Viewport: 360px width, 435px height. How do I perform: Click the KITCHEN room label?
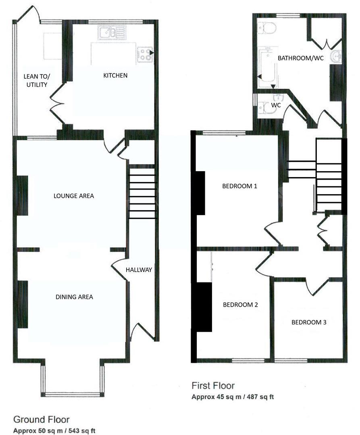click(115, 75)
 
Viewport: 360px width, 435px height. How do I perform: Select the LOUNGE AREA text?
click(74, 196)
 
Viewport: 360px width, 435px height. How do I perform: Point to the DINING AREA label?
click(74, 297)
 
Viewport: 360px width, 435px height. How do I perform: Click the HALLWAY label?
click(138, 270)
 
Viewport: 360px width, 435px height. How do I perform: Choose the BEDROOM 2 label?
click(240, 305)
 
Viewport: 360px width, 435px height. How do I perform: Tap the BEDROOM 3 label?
click(309, 322)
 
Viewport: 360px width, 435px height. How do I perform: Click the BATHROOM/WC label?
click(300, 58)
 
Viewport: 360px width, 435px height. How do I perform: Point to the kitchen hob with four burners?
click(145, 55)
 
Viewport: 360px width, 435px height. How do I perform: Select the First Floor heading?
click(213, 386)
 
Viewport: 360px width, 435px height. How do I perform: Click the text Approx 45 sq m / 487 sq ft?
click(233, 397)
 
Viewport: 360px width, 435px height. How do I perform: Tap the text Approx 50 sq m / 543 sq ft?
click(54, 430)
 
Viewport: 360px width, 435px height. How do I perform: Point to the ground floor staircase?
click(142, 193)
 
